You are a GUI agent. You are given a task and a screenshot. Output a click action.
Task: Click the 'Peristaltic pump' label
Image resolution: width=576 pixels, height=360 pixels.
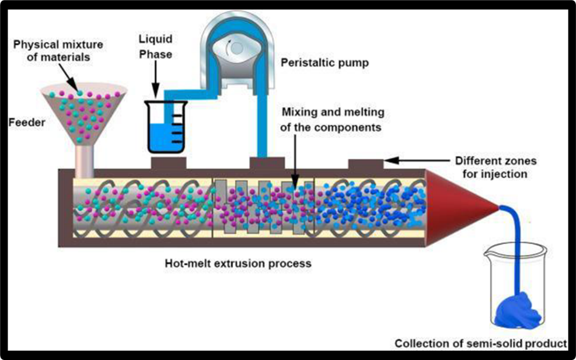pyautogui.click(x=324, y=62)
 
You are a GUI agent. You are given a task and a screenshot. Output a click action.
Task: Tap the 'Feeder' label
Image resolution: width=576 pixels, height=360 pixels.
pyautogui.click(x=26, y=123)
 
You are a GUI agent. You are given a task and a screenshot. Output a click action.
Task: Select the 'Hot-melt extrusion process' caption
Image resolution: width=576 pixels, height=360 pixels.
pyautogui.click(x=238, y=263)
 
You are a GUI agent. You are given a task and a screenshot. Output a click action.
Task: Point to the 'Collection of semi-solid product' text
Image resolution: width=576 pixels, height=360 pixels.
pyautogui.click(x=480, y=343)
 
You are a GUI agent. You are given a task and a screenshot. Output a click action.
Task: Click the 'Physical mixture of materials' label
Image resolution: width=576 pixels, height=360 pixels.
pyautogui.click(x=53, y=50)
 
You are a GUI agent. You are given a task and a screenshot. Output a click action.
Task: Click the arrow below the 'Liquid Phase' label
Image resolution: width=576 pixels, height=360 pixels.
pyautogui.click(x=155, y=79)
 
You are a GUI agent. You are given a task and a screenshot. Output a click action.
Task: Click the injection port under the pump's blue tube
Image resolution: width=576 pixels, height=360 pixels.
pyautogui.click(x=267, y=163)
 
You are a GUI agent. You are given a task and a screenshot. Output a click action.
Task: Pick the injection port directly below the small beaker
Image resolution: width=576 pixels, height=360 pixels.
pyautogui.click(x=169, y=163)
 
